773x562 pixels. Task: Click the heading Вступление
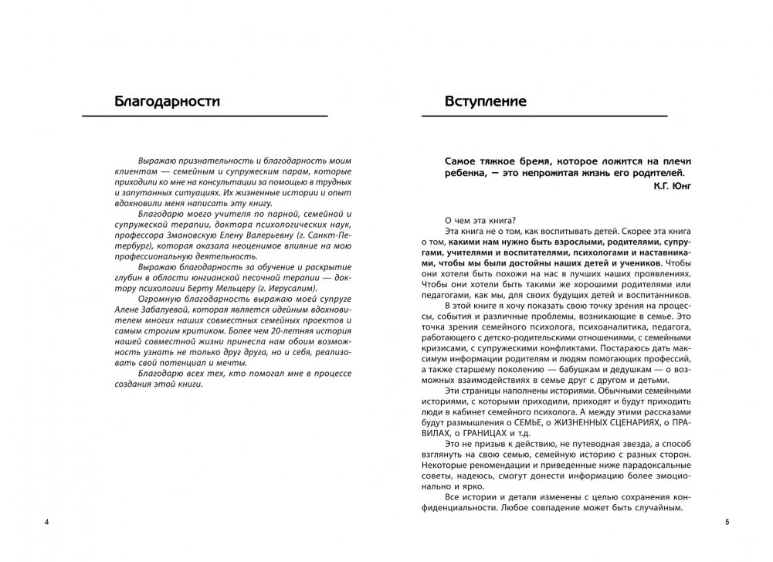pos(486,100)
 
